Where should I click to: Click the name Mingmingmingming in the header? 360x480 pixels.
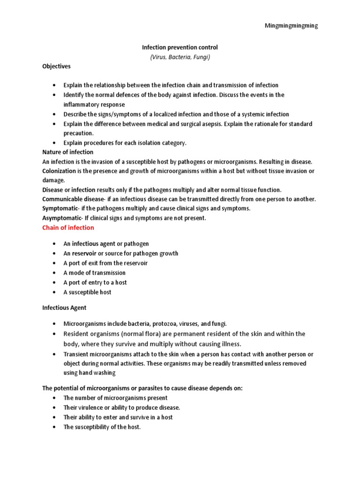[291, 26]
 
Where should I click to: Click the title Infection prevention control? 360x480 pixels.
[180, 47]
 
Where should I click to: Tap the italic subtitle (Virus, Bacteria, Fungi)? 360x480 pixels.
[180, 57]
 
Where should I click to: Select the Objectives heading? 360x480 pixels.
[56, 67]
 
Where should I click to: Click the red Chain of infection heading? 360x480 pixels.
[68, 228]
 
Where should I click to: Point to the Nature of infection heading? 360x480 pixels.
[67, 152]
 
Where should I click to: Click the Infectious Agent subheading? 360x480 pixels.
[64, 308]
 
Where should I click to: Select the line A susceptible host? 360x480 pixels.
[87, 292]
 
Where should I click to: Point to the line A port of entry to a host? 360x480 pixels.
[95, 283]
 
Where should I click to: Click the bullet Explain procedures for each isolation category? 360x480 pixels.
[125, 143]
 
